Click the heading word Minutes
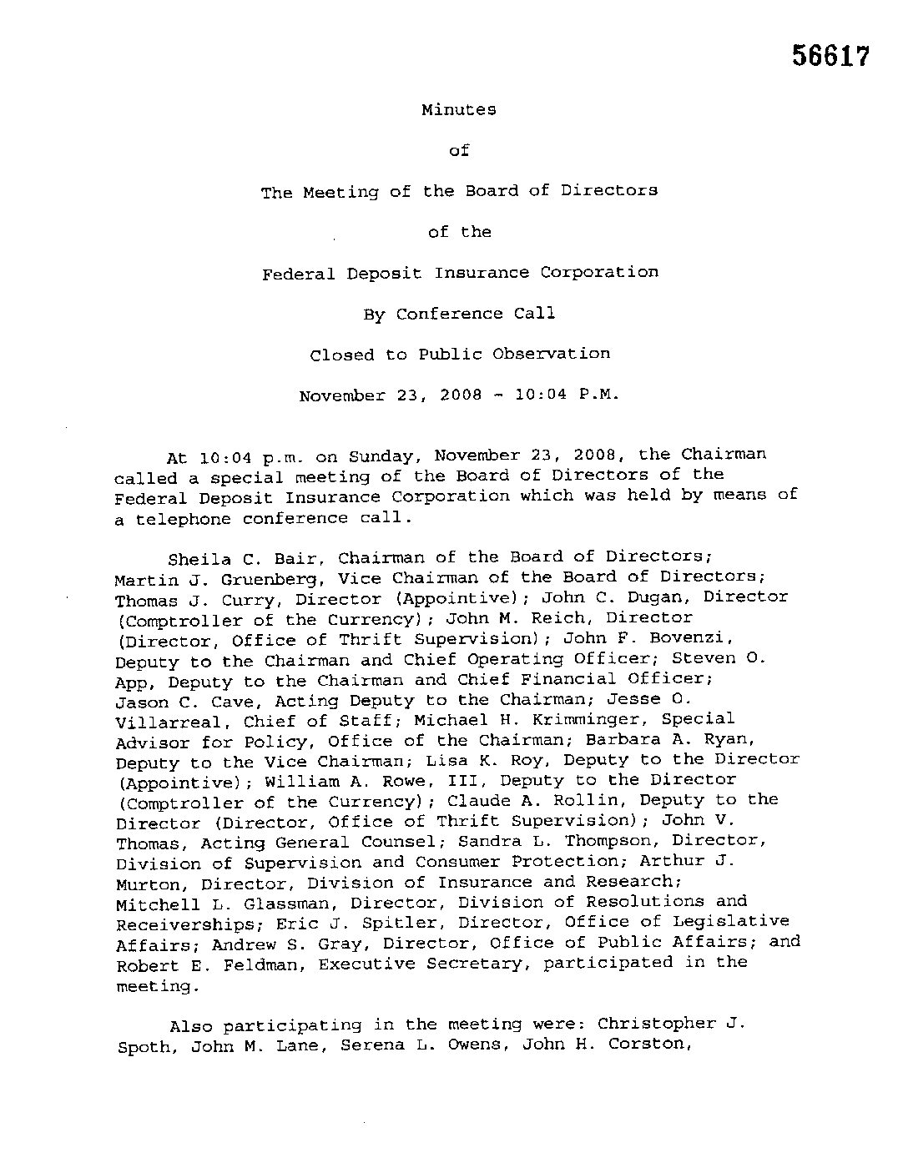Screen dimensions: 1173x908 coord(458,109)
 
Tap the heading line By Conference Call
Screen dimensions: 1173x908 coord(459,314)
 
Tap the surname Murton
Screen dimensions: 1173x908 coord(148,883)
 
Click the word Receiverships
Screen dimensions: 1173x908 coord(184,924)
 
